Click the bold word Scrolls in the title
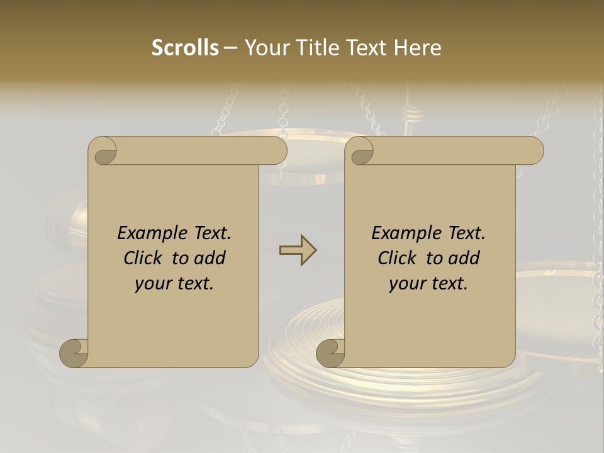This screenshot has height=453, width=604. tap(185, 48)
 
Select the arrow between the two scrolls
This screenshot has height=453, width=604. tap(298, 250)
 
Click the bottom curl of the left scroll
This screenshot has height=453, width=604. tap(74, 353)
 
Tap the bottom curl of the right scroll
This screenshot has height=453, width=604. tap(331, 353)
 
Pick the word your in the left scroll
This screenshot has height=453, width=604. tap(152, 284)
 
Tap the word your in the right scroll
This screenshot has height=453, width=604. tap(406, 284)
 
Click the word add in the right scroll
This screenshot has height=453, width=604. tap(465, 258)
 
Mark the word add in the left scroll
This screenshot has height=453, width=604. tap(211, 258)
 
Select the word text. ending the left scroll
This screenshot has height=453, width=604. tap(193, 284)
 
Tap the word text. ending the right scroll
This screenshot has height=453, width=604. tap(447, 284)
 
